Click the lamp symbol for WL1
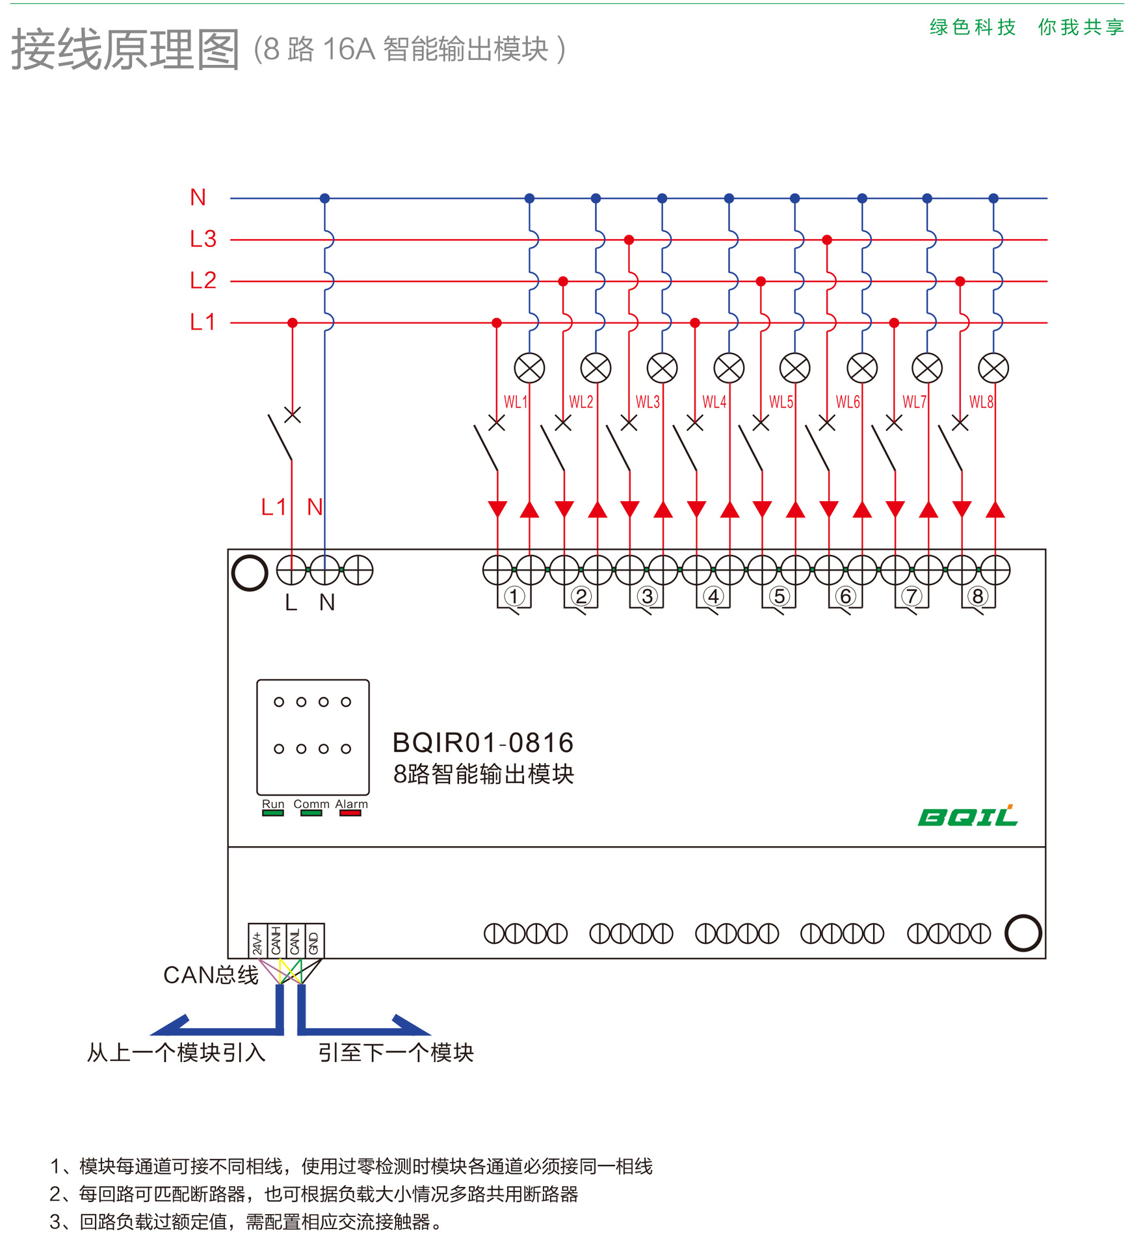coord(529,369)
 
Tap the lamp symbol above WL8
coord(993,369)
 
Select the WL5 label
coord(781,402)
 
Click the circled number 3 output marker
coord(646,596)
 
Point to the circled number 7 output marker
coord(912,596)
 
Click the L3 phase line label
coord(203,239)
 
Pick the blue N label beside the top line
coord(198,198)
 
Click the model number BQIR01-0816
coord(483,743)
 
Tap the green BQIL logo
coord(967,816)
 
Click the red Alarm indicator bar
coord(350,813)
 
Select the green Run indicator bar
coord(273,813)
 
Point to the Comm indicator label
coord(311,804)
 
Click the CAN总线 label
coord(211,975)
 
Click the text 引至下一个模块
coord(395,1052)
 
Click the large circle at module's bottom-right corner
coord(1023,933)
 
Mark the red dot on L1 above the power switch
coord(293,323)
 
